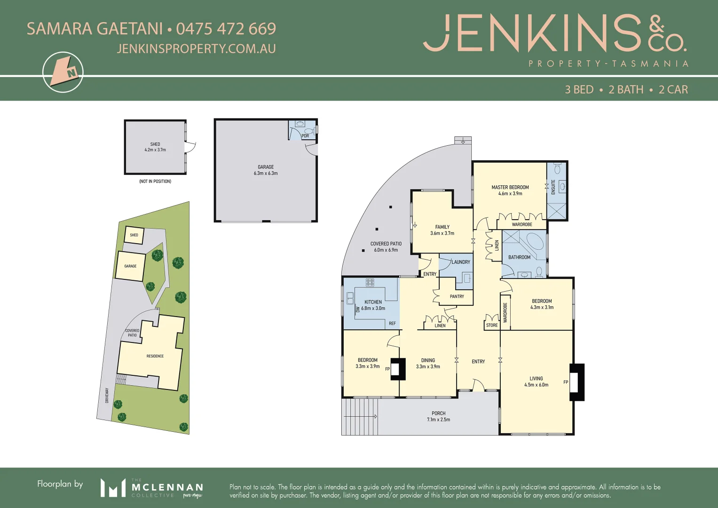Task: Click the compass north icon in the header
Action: (63, 72)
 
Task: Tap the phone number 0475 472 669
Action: (226, 29)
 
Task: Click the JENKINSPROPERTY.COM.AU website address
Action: (196, 48)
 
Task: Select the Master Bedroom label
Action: (510, 187)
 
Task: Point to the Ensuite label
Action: (553, 187)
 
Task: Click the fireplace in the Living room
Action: (577, 382)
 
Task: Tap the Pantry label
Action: (457, 296)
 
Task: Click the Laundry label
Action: (461, 262)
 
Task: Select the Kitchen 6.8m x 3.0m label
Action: (373, 305)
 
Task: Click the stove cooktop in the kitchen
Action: (370, 282)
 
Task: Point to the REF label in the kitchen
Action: (392, 324)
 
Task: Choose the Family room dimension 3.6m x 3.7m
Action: (442, 233)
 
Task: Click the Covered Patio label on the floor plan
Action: (386, 244)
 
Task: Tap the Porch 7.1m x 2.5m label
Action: (438, 416)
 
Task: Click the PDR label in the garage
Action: (305, 136)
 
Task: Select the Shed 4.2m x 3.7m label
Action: (155, 147)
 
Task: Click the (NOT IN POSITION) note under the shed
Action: (155, 181)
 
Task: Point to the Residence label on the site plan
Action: (155, 356)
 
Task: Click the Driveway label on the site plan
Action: (107, 395)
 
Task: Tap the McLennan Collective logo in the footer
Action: (151, 488)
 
